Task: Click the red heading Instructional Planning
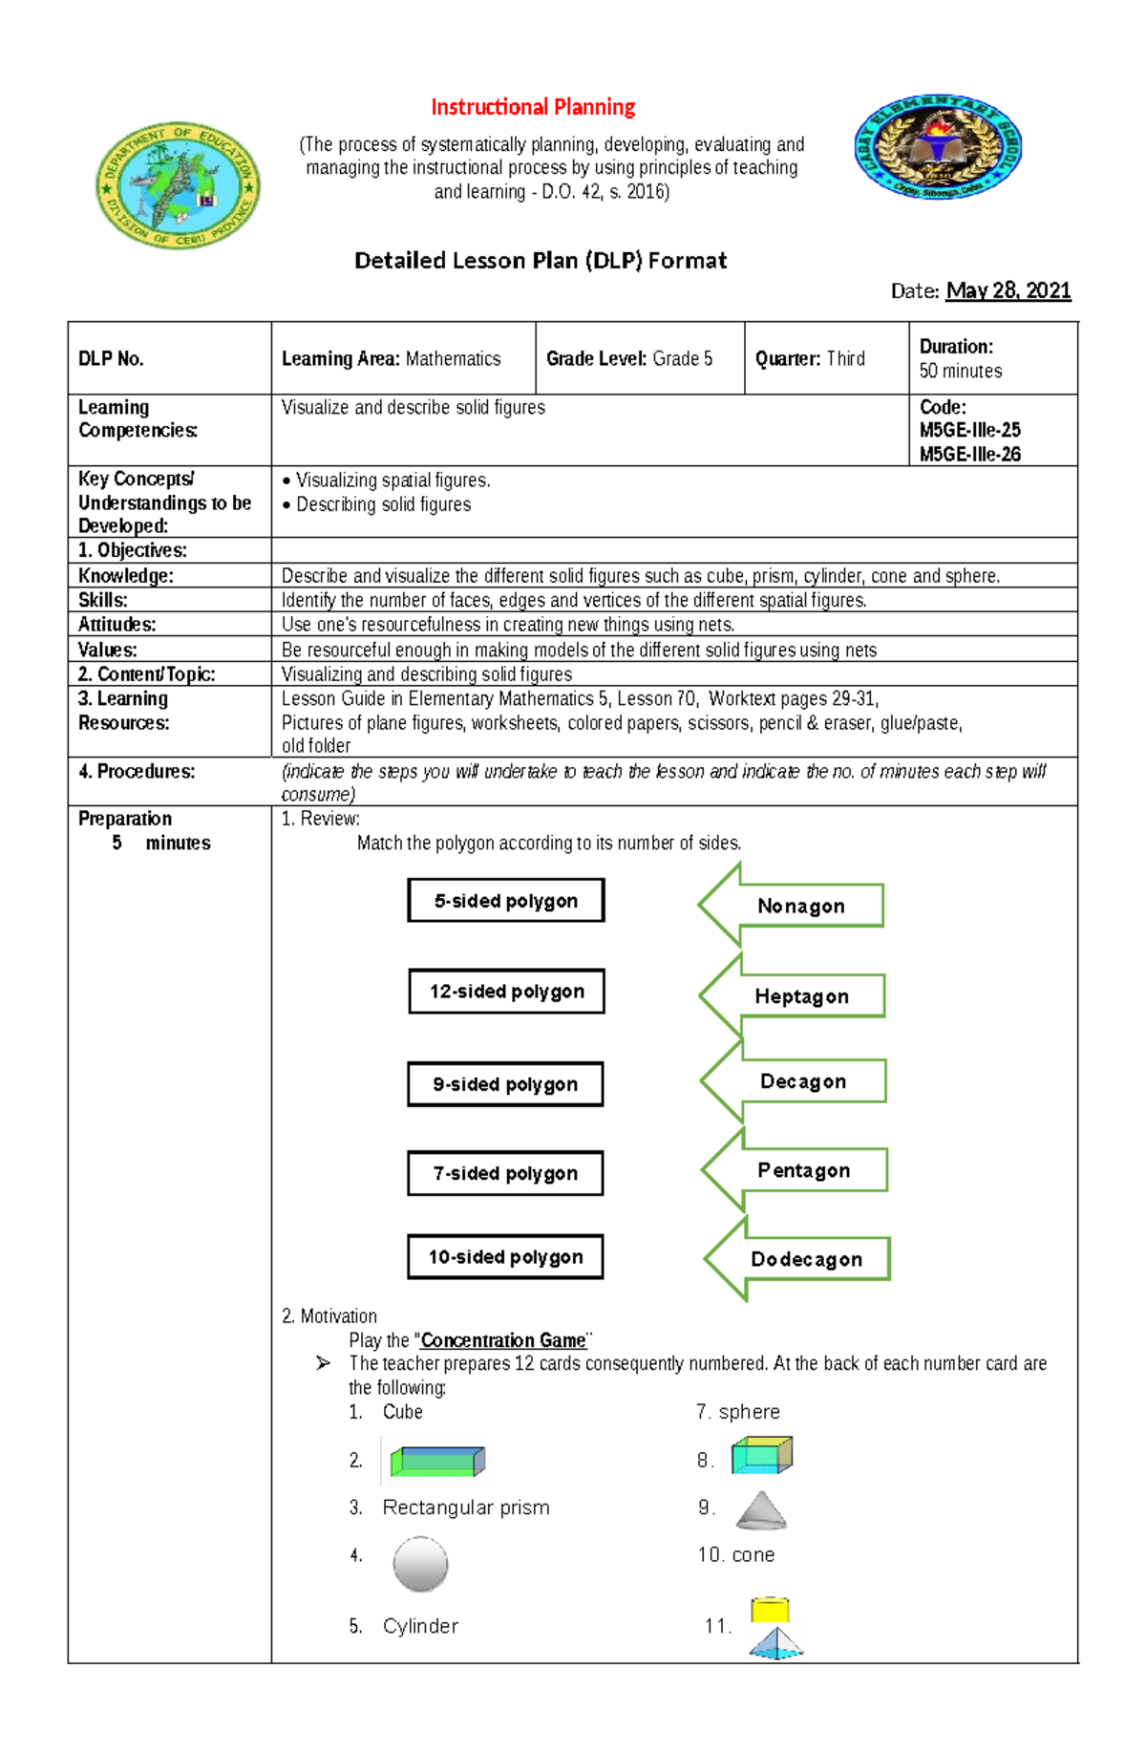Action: (x=533, y=107)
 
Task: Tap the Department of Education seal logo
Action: (x=179, y=185)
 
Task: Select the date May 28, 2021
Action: (x=1008, y=290)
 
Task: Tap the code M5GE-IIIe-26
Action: (x=969, y=454)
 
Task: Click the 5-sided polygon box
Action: (x=506, y=901)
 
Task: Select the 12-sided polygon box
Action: (x=506, y=992)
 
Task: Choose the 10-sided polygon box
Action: (x=505, y=1257)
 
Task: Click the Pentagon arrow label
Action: (x=803, y=1170)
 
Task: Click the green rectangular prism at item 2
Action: (x=437, y=1461)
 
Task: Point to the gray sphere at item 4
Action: (x=420, y=1564)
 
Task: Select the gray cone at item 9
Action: (x=761, y=1510)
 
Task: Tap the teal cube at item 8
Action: (x=761, y=1456)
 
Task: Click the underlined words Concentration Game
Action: (x=503, y=1340)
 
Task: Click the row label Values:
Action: (x=108, y=650)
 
